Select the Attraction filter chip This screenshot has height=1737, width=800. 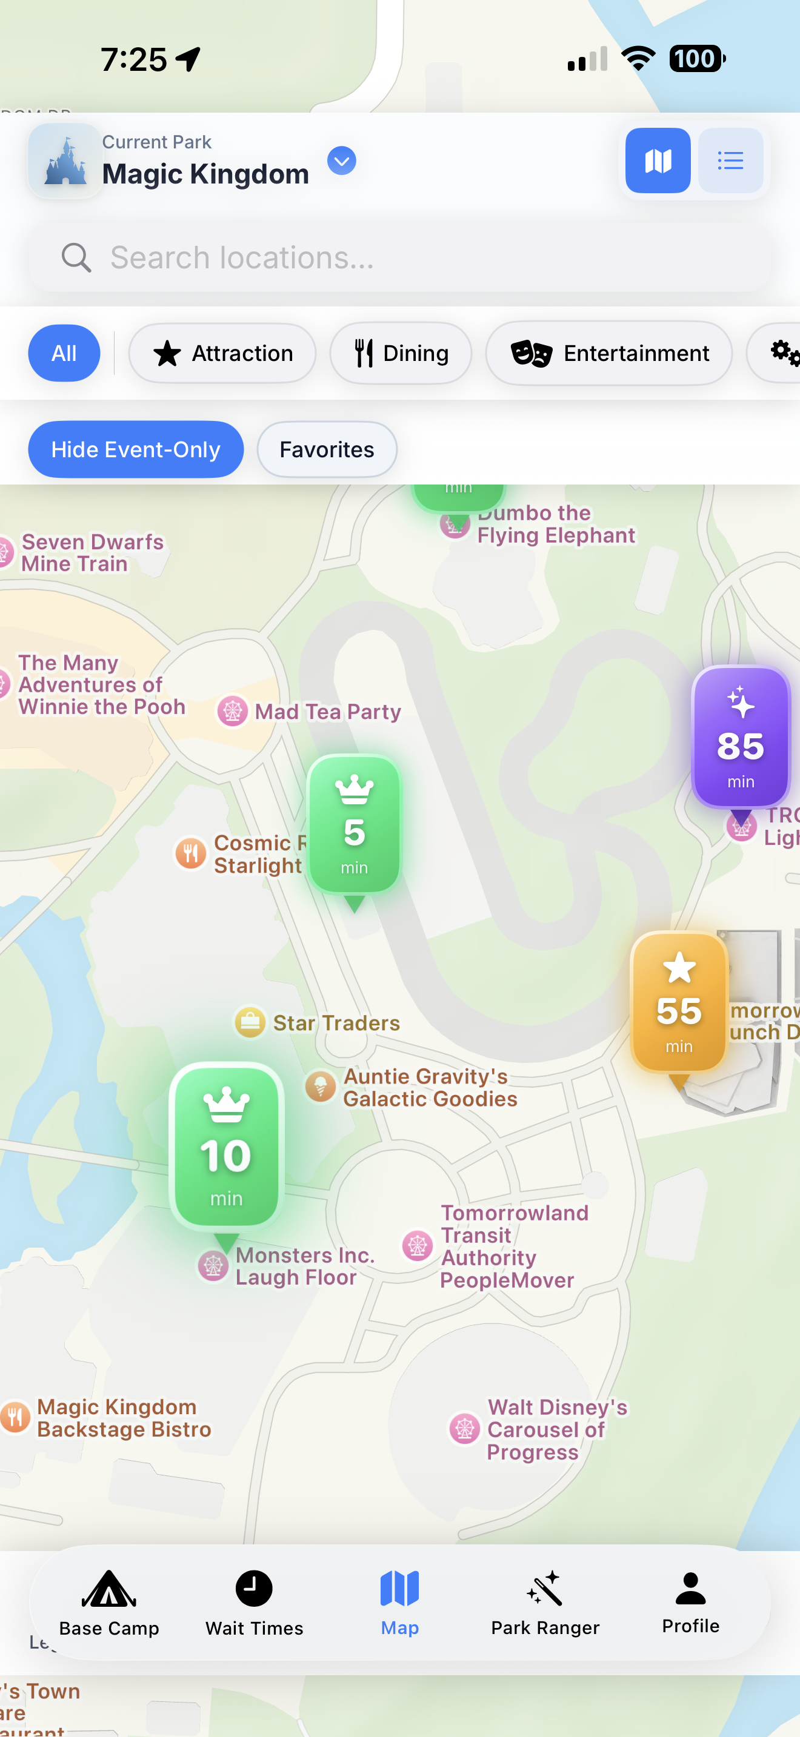coord(222,353)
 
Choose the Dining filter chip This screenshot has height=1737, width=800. coord(401,353)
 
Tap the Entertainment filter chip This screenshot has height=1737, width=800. coord(608,353)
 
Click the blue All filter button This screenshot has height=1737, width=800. coord(64,353)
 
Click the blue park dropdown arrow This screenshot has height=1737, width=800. coord(341,161)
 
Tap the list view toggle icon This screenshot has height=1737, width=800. coord(730,161)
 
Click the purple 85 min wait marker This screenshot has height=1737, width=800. coord(740,738)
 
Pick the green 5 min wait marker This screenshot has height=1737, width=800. coord(354,825)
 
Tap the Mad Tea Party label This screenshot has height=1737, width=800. coord(327,712)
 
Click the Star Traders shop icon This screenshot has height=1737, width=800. coord(250,1022)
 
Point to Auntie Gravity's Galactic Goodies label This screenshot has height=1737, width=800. coord(430,1087)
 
